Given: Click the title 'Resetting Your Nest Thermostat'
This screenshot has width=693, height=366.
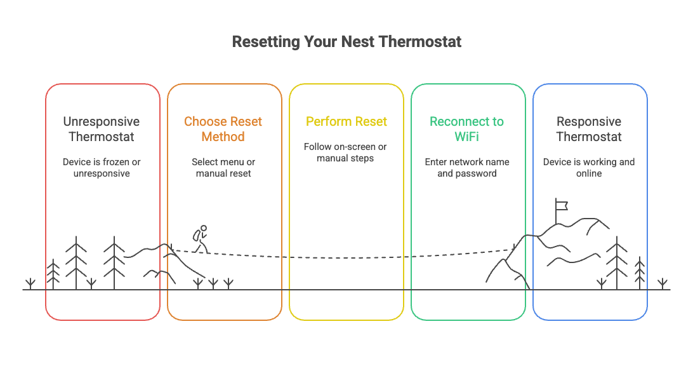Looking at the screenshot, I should pos(346,42).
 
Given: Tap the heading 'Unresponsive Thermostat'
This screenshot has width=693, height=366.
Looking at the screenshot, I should pos(102,129).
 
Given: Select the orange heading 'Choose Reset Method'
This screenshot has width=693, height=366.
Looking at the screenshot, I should pos(223,129).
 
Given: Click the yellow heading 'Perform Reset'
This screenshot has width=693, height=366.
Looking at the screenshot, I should pos(346,121).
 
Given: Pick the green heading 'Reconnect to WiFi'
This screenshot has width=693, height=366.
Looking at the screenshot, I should pos(466,129).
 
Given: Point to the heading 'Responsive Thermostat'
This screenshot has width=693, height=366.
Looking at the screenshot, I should pos(588,129).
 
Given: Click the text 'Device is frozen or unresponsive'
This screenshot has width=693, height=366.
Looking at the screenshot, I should pos(102,167).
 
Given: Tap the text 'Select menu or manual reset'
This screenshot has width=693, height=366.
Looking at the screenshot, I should pos(223,167).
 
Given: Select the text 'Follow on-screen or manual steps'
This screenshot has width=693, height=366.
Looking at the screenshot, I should pos(345,152).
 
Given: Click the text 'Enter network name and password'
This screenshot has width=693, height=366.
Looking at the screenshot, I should pos(466,167).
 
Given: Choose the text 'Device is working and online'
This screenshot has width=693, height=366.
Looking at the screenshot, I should pos(588,167).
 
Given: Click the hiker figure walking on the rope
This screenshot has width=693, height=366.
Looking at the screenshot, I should pos(201,239).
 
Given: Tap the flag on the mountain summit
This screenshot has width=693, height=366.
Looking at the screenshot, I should pos(560,205).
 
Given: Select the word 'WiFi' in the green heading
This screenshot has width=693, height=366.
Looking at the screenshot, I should pos(466,137).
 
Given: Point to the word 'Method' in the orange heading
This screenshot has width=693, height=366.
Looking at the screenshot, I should pos(223,137).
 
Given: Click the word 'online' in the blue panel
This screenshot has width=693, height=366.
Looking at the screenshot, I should pos(588,173).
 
